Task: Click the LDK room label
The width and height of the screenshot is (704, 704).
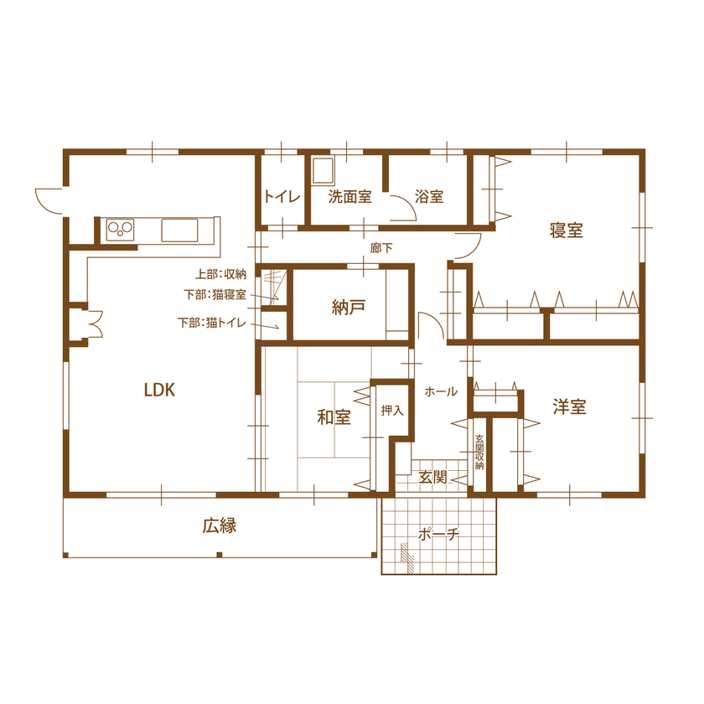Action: point(158,390)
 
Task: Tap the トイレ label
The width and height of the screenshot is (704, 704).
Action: point(282,198)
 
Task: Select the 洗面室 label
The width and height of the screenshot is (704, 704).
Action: point(349,198)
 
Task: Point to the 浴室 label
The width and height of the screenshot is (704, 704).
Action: point(429,198)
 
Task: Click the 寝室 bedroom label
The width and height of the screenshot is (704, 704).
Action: point(567,230)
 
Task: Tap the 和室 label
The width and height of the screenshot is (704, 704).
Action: point(334,417)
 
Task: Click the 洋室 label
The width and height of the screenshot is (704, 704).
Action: point(569,408)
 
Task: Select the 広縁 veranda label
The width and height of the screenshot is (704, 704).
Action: point(219,526)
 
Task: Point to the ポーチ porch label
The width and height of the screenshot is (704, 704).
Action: point(439,536)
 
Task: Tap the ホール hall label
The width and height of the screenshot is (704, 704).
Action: point(441,391)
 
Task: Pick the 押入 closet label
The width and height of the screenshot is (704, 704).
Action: point(391,411)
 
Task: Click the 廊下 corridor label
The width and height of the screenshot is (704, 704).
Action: point(381,248)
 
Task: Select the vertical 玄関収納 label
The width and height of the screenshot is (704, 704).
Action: point(479,453)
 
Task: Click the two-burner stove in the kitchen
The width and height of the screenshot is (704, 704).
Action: point(121,228)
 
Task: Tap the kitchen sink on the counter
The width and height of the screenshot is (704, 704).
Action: point(179,229)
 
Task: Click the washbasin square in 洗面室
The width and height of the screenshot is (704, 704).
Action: point(323,172)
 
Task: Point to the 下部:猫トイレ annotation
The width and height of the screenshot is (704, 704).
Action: point(212,323)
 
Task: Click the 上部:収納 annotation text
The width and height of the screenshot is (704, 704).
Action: point(220,274)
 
